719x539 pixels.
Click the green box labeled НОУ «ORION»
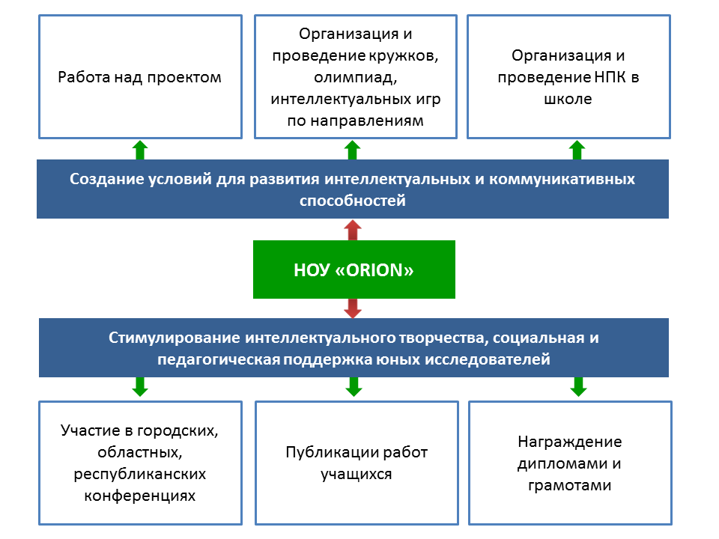tap(354, 269)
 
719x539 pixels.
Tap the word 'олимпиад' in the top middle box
tap(355, 77)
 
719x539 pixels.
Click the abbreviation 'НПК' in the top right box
tap(610, 77)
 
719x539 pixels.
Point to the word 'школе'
tap(568, 99)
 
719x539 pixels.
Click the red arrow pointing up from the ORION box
tap(353, 230)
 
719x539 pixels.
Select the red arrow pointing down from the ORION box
tap(353, 308)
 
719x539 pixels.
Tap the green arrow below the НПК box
tap(577, 150)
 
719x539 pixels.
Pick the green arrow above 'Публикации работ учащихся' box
tap(354, 387)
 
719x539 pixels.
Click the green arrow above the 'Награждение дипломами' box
tap(579, 387)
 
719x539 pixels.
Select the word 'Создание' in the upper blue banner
tap(107, 179)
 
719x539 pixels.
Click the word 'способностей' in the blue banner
tap(353, 201)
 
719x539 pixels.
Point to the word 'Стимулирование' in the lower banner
tap(175, 338)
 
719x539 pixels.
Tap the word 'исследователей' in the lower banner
tap(488, 359)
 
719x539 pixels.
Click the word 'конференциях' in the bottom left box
tap(140, 496)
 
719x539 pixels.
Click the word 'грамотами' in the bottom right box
tap(569, 485)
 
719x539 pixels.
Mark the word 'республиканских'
tap(140, 474)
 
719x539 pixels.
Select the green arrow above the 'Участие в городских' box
tap(140, 387)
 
